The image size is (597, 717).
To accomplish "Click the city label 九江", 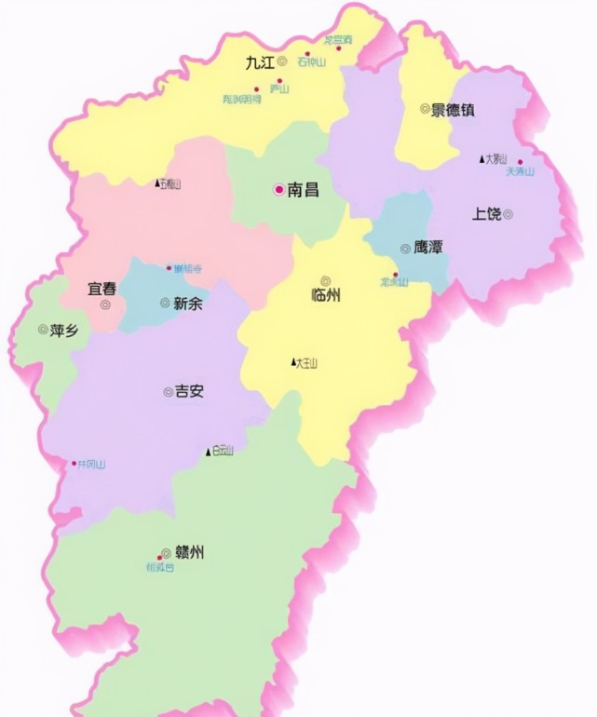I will (x=259, y=63).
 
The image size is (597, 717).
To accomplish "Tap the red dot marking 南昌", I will (x=277, y=189).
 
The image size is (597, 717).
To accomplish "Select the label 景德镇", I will (x=453, y=109).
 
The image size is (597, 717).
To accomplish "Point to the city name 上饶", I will (x=486, y=214).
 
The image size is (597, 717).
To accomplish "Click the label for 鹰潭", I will (x=428, y=248).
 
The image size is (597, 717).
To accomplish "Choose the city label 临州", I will (x=326, y=295).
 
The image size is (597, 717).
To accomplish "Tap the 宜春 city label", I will (x=102, y=289).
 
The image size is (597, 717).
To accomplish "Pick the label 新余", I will (x=188, y=303).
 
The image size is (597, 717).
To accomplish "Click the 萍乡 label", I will (x=64, y=329).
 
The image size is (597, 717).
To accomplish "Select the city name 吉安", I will (x=190, y=392).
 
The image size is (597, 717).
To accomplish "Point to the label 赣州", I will (x=189, y=552).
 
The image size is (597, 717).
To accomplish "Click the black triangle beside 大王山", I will (x=293, y=362).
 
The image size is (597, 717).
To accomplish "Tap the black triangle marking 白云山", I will (x=209, y=452).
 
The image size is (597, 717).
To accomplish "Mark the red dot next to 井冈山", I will (x=74, y=463).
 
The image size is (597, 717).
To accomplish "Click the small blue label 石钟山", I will (x=312, y=62).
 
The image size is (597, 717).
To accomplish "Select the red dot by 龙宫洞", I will (x=339, y=48).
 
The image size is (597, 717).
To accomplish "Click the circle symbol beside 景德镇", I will (x=424, y=109).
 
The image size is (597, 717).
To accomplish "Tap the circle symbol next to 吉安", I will (x=169, y=392).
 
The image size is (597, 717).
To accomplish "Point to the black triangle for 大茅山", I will (x=482, y=159).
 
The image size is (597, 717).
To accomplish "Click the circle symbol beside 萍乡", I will (x=43, y=329).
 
